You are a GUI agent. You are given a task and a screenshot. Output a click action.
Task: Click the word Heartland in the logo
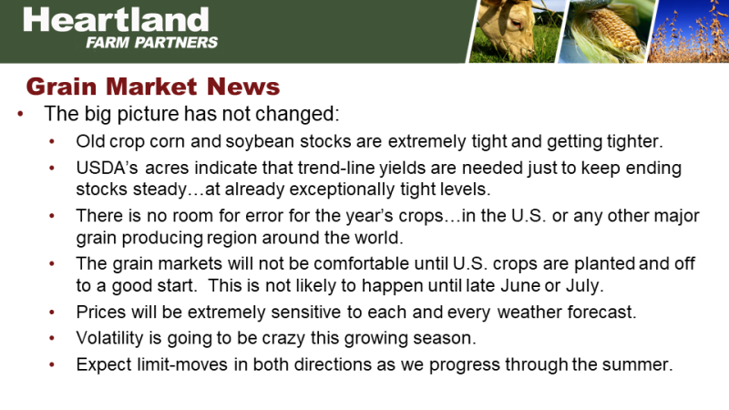point(116,19)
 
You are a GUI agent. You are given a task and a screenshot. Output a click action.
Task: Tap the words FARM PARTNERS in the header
point(151,43)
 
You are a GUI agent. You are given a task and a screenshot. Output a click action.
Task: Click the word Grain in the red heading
point(61,87)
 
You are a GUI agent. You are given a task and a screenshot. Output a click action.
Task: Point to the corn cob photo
point(606,31)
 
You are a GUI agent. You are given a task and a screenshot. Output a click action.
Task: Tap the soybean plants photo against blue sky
point(688,31)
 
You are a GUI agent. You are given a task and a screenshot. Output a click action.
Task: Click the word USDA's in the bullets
point(107,168)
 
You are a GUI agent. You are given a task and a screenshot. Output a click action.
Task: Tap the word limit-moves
point(181,364)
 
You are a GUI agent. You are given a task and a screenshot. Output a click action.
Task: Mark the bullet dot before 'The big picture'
point(20,114)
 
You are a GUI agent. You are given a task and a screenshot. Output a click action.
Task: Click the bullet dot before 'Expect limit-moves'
point(52,365)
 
